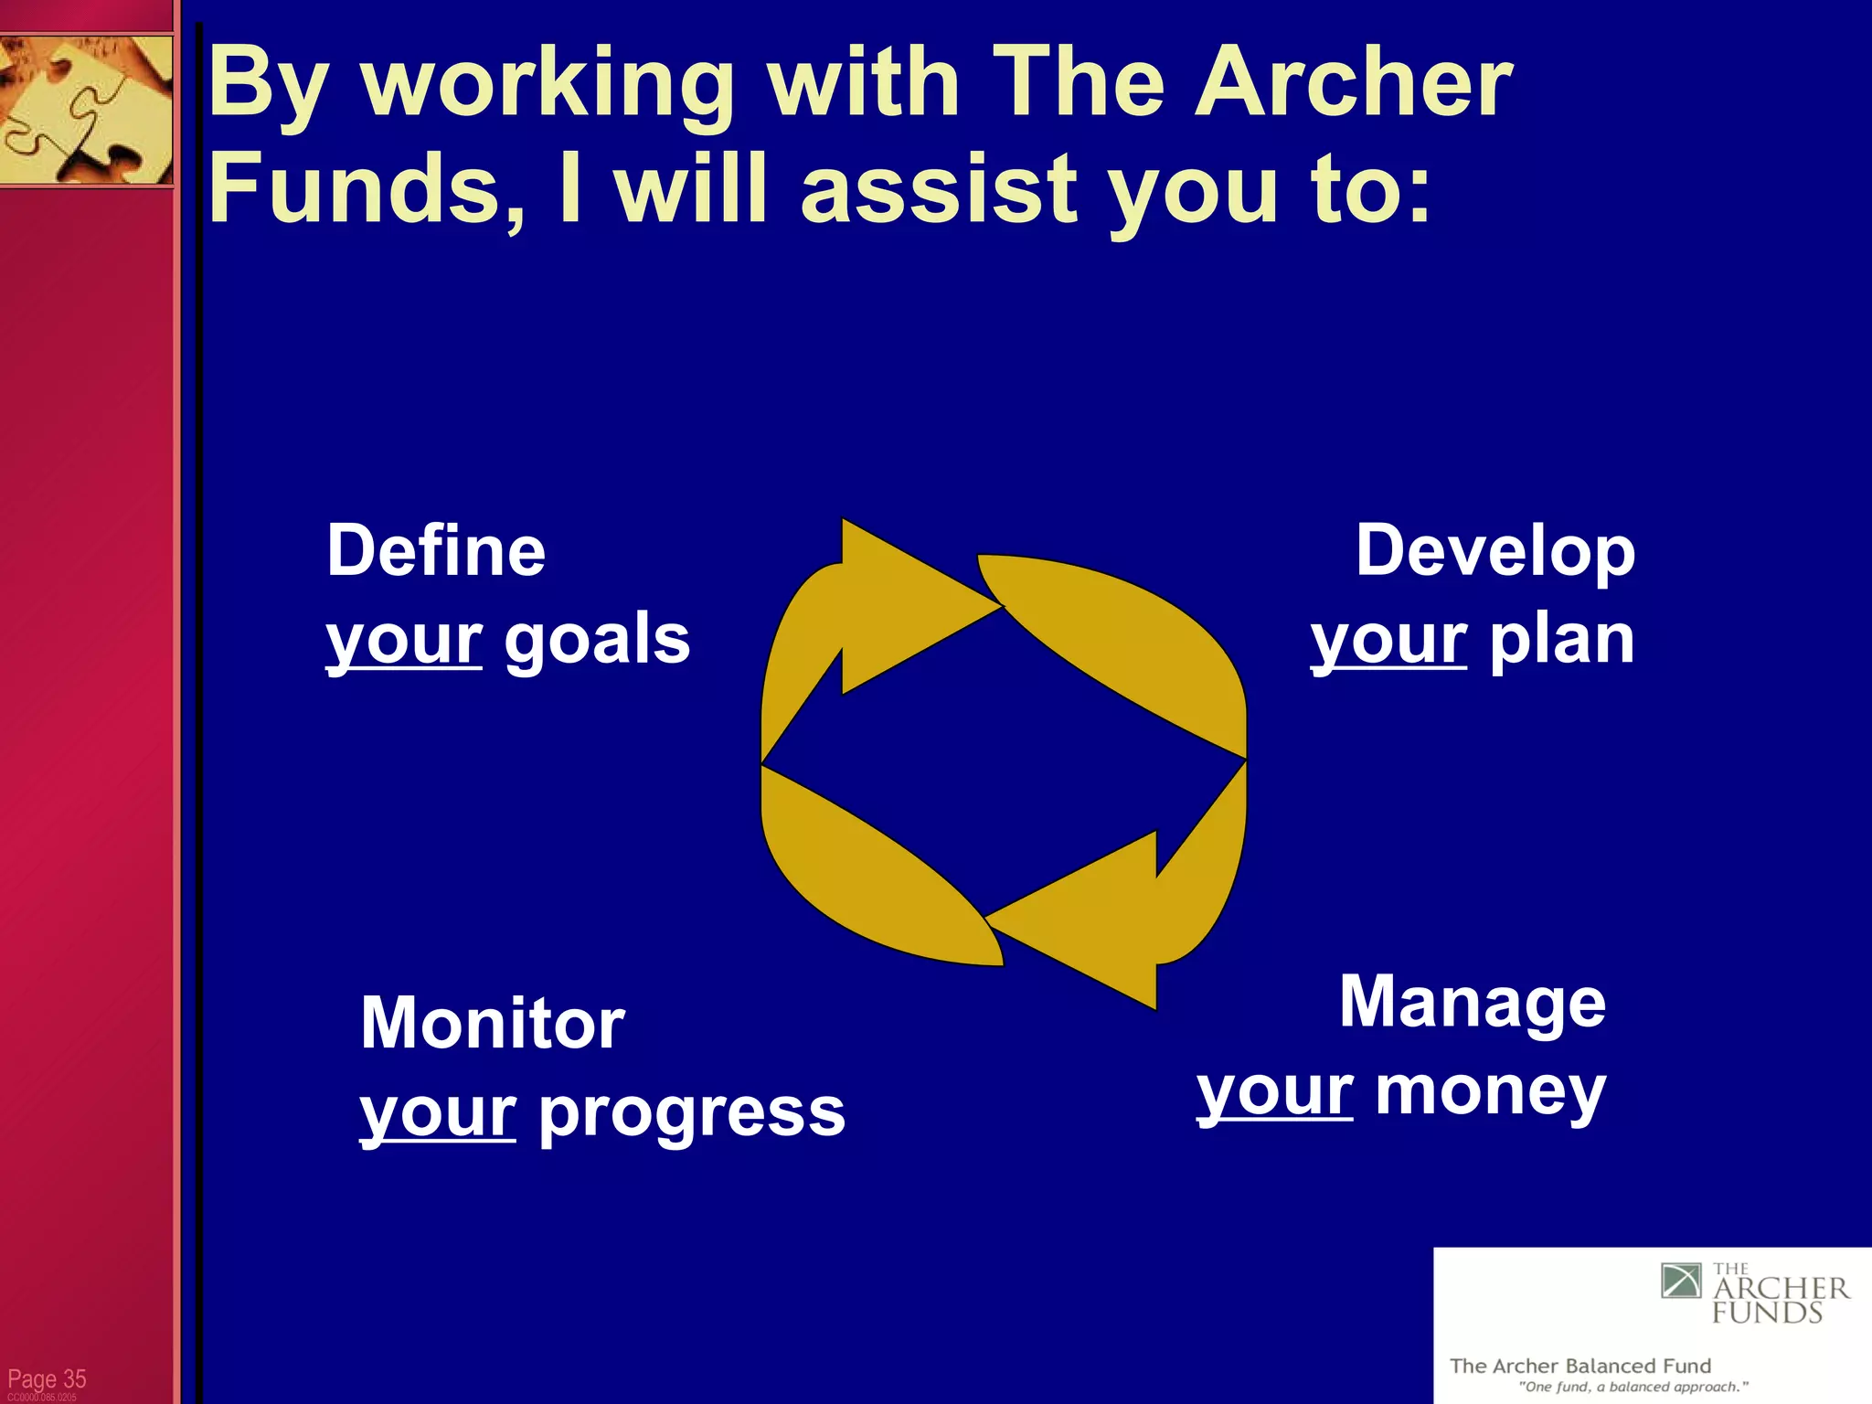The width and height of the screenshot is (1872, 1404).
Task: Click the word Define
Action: click(x=436, y=551)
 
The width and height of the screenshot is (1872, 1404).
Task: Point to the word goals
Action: click(x=597, y=639)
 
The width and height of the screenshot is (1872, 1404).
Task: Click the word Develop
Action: click(x=1494, y=551)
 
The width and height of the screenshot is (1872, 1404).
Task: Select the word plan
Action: click(x=1562, y=639)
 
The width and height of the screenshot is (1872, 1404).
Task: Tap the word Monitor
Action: click(x=493, y=1023)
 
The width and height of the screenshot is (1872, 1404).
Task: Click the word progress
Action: click(x=692, y=1112)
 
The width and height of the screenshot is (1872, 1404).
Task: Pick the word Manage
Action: click(x=1472, y=1003)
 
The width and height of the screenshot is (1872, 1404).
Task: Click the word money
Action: click(x=1490, y=1091)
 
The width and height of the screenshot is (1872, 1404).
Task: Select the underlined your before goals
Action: click(x=404, y=639)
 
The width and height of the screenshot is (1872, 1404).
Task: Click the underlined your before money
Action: click(x=1275, y=1091)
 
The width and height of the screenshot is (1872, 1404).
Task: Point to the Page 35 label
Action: click(x=47, y=1378)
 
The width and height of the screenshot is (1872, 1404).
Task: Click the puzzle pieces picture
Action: click(x=86, y=110)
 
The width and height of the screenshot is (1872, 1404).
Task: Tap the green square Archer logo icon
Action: click(x=1681, y=1281)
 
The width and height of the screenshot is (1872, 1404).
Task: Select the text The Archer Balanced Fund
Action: click(x=1579, y=1366)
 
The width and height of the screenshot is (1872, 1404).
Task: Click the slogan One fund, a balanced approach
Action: click(x=1633, y=1387)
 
